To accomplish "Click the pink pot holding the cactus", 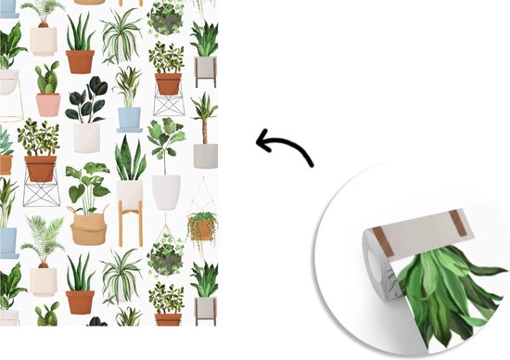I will [48, 104].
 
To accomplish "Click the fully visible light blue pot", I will [129, 119].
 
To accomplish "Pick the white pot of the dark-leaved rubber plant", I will [86, 137].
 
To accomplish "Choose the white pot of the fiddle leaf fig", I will [166, 192].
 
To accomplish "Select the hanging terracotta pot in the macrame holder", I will [200, 229].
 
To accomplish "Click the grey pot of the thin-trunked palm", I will [206, 155].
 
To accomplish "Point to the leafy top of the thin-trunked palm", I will [205, 107].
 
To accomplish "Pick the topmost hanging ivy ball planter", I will [166, 17].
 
